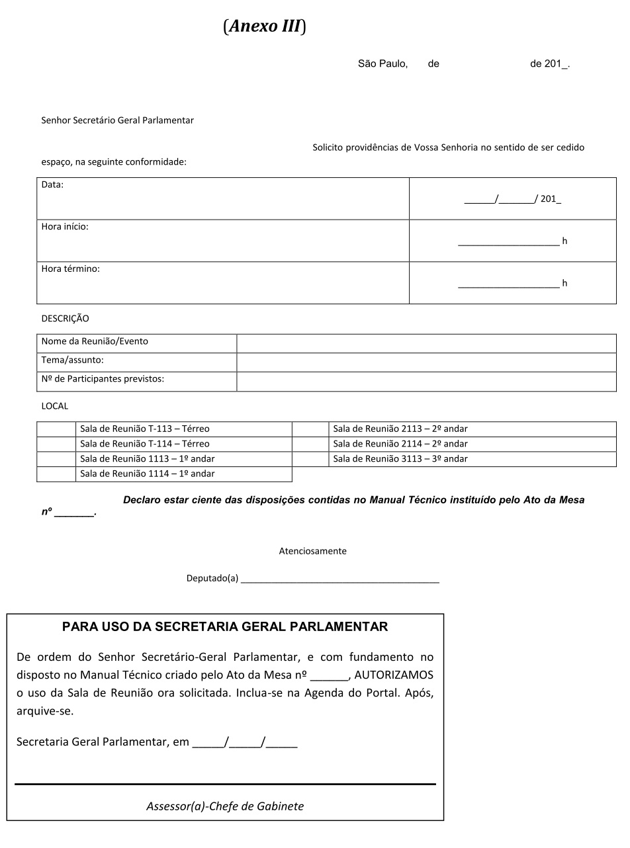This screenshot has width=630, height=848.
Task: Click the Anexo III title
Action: pos(265,26)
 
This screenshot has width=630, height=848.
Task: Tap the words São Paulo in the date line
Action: pos(382,64)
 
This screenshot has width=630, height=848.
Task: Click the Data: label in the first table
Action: pos(53,185)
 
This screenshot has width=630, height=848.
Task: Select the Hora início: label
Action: pos(65,227)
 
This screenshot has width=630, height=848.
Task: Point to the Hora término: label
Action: pos(71,269)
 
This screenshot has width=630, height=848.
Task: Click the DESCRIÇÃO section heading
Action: pos(65,319)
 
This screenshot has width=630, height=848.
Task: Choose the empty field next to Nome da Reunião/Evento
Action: pos(426,343)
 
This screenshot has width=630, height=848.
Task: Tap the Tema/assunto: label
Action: pos(73,360)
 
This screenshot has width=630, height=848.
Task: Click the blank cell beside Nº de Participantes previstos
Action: pos(426,382)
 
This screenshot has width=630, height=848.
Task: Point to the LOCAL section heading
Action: pos(55,406)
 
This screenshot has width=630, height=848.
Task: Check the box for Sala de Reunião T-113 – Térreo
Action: pos(56,429)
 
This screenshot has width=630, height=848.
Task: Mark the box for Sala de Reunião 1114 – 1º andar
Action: pos(56,474)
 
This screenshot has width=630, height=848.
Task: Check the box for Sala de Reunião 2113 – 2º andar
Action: pos(310,429)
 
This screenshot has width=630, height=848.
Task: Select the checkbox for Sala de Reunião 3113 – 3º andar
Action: pos(310,459)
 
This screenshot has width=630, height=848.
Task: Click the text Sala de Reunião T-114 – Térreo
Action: pos(145,444)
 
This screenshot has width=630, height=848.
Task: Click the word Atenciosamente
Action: pos(313,551)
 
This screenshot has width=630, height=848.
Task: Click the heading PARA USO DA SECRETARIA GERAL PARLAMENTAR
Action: pos(225,627)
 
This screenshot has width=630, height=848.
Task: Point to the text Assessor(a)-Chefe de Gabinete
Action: pos(225,806)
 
